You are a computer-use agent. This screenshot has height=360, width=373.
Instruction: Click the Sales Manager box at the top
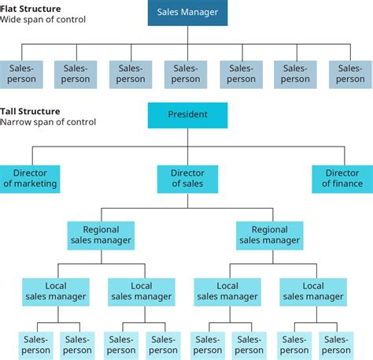(187, 13)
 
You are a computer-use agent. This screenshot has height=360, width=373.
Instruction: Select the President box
(187, 115)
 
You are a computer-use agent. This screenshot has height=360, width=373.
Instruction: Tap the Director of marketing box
(30, 179)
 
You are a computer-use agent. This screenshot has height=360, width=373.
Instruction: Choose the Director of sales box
(187, 179)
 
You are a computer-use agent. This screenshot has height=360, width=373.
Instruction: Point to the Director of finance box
(342, 179)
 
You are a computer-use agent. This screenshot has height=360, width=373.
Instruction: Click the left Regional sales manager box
(101, 236)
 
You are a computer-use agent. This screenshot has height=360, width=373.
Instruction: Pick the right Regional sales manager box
(269, 236)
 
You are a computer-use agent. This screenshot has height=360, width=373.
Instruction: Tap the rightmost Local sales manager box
(313, 291)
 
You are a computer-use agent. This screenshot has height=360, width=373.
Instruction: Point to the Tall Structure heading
(30, 111)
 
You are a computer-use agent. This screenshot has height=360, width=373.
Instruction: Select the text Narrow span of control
(48, 122)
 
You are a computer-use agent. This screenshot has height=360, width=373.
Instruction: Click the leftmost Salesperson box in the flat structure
(21, 74)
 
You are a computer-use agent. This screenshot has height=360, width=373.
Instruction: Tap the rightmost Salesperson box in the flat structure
(350, 74)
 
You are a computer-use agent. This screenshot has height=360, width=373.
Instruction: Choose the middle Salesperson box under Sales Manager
(186, 74)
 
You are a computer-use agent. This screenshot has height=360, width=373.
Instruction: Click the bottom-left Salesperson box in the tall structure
(35, 345)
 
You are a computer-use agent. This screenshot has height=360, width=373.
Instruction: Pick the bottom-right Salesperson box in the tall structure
(337, 345)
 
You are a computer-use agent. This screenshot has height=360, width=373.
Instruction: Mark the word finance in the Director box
(347, 184)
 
